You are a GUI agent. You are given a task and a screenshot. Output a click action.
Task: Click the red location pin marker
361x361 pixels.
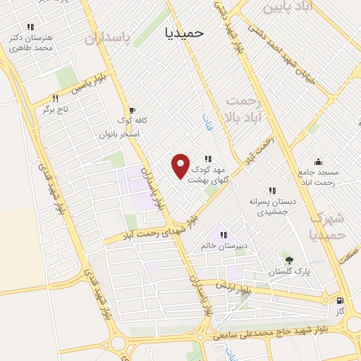tap(181, 165)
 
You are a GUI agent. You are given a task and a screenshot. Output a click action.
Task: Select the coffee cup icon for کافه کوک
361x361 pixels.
tap(130, 111)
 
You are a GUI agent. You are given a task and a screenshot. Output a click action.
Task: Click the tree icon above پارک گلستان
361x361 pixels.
tap(286, 259)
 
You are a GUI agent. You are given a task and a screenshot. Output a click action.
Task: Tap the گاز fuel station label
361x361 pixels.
tap(340, 310)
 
